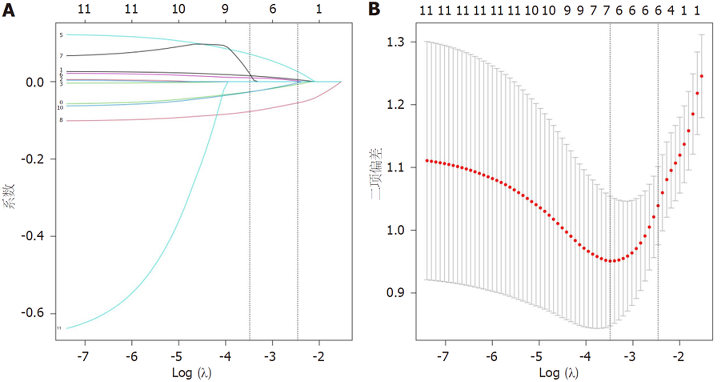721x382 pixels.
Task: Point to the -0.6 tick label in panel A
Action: click(32, 313)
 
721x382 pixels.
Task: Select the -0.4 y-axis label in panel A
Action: click(32, 236)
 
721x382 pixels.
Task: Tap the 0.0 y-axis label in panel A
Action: click(35, 82)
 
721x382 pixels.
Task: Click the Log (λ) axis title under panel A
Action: click(192, 373)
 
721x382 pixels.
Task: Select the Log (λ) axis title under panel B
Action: click(558, 373)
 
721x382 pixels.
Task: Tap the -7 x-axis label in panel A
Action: click(83, 356)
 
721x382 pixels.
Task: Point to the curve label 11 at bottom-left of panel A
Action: click(59, 328)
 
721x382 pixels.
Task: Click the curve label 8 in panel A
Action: click(61, 120)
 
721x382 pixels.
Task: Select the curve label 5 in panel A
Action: click(61, 35)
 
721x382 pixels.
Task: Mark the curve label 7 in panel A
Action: click(61, 56)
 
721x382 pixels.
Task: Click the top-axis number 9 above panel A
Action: click(225, 9)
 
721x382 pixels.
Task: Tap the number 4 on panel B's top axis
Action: click(671, 11)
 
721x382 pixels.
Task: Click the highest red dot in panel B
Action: click(701, 76)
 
